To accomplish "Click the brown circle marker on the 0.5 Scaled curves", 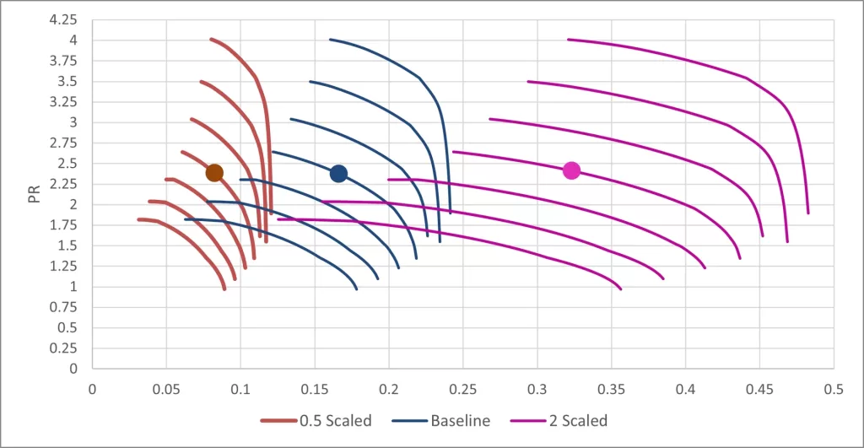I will click(214, 172).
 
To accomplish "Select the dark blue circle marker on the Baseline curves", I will click(338, 173).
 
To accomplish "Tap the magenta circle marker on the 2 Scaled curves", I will click(571, 170).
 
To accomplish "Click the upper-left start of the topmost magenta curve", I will click(569, 39).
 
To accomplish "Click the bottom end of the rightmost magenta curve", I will click(808, 213).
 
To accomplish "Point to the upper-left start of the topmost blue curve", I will click(331, 39).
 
